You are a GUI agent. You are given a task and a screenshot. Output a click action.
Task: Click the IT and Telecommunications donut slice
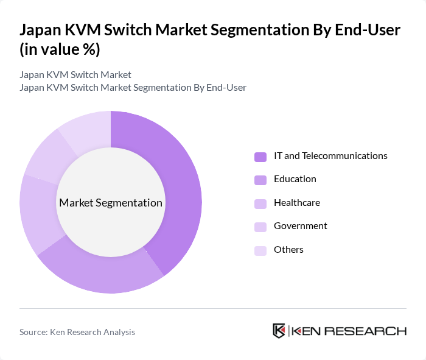tap(176, 183)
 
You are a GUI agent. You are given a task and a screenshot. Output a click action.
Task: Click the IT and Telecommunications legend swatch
tap(260, 157)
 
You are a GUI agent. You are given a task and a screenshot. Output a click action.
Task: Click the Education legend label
tap(295, 179)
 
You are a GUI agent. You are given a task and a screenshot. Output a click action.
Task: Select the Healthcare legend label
tap(296, 202)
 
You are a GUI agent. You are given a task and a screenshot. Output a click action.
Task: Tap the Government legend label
tap(300, 226)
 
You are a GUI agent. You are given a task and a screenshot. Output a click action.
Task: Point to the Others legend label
tap(288, 250)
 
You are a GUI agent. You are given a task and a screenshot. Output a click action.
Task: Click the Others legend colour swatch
tap(260, 250)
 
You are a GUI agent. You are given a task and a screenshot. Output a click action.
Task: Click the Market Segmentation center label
tap(111, 203)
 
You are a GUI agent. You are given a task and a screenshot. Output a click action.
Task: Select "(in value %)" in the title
tap(60, 50)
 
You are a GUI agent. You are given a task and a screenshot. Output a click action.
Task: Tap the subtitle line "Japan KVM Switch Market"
tap(75, 75)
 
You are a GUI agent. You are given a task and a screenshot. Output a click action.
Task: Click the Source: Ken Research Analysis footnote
tap(77, 332)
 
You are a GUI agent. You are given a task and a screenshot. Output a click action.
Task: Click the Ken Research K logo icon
tap(279, 331)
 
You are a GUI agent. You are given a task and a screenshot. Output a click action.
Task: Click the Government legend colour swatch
tap(260, 227)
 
